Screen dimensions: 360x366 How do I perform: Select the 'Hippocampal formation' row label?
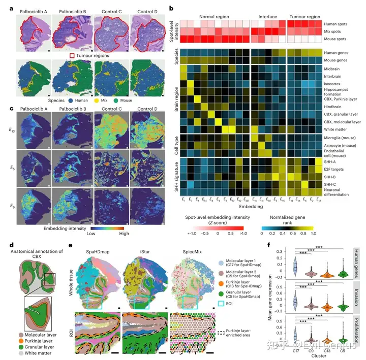tap(339, 90)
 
